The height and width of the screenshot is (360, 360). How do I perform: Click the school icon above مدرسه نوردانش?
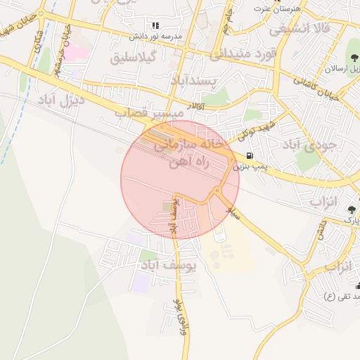coord(155,25)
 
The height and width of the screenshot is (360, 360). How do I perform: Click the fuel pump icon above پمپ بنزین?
coord(250,155)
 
